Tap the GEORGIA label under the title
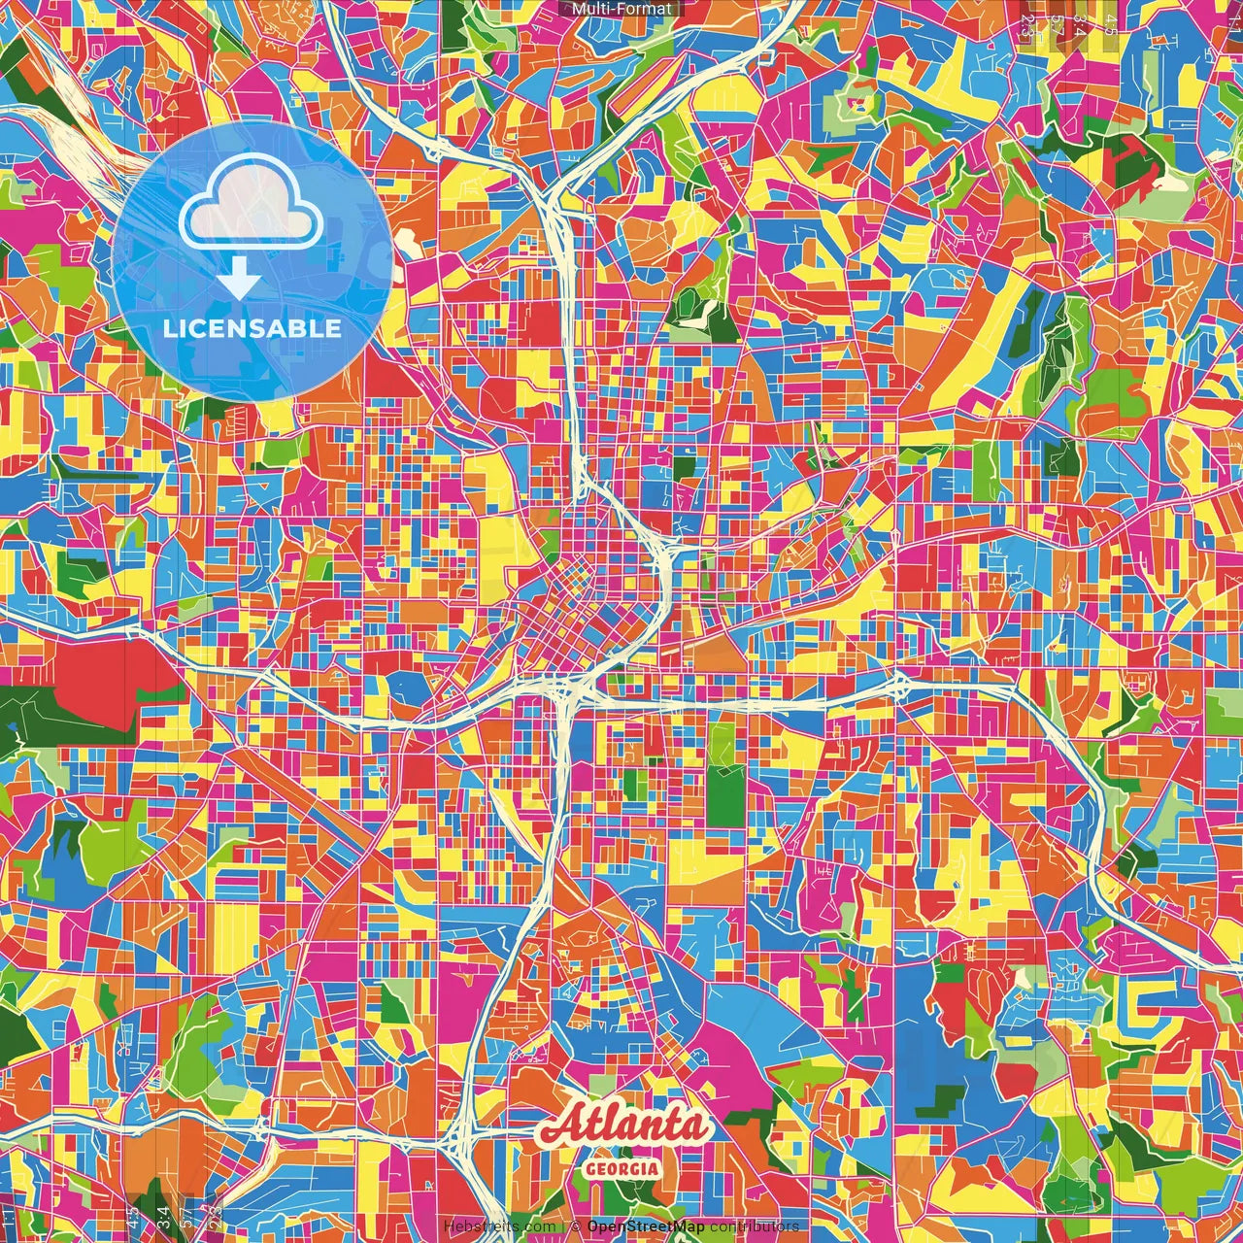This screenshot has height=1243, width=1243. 621,1168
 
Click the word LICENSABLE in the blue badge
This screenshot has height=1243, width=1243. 252,328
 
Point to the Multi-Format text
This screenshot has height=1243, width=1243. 621,9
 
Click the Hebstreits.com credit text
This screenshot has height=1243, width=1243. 499,1226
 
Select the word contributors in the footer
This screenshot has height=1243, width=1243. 754,1226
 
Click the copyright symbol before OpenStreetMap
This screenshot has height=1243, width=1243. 575,1226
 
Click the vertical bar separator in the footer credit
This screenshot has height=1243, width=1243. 562,1226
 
